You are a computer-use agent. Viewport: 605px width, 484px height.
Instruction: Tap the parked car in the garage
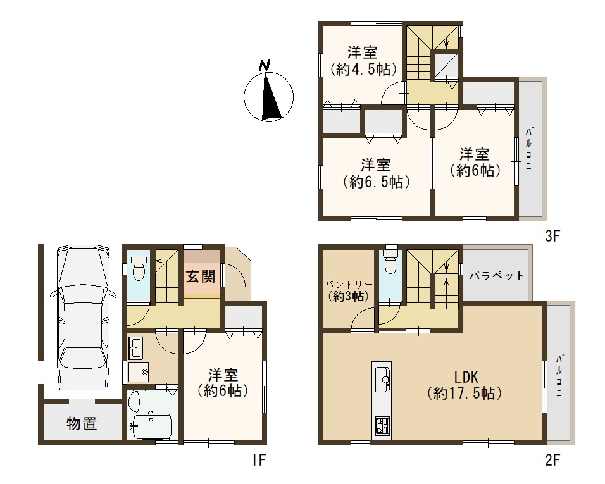(x=83, y=318)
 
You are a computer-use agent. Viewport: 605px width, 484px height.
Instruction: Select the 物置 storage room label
(x=82, y=424)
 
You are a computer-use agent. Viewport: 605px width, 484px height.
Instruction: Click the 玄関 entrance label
(x=201, y=276)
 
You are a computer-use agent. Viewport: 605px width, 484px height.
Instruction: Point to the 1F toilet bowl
(x=138, y=268)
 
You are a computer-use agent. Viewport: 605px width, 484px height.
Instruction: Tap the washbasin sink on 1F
(x=135, y=348)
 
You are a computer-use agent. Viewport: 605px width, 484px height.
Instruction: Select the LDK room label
(x=466, y=376)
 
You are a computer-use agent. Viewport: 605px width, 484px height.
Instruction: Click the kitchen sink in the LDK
(x=382, y=380)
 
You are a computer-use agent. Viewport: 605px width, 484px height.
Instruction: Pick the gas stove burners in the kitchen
(x=382, y=425)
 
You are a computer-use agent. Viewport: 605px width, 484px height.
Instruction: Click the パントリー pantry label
(x=349, y=285)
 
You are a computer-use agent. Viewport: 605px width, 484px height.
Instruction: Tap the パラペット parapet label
(x=497, y=276)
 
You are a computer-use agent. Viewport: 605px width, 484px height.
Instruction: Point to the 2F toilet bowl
(x=391, y=263)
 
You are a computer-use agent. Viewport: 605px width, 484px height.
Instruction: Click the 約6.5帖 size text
(x=376, y=182)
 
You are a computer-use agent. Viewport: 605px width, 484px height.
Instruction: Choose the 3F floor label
(x=552, y=236)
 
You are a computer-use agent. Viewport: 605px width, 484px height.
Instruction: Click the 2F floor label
(x=552, y=460)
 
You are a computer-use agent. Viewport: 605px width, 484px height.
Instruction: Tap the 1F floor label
(x=258, y=460)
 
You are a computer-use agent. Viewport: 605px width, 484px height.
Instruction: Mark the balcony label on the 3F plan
(x=528, y=152)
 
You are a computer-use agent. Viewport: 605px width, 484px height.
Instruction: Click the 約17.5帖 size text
(x=465, y=394)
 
